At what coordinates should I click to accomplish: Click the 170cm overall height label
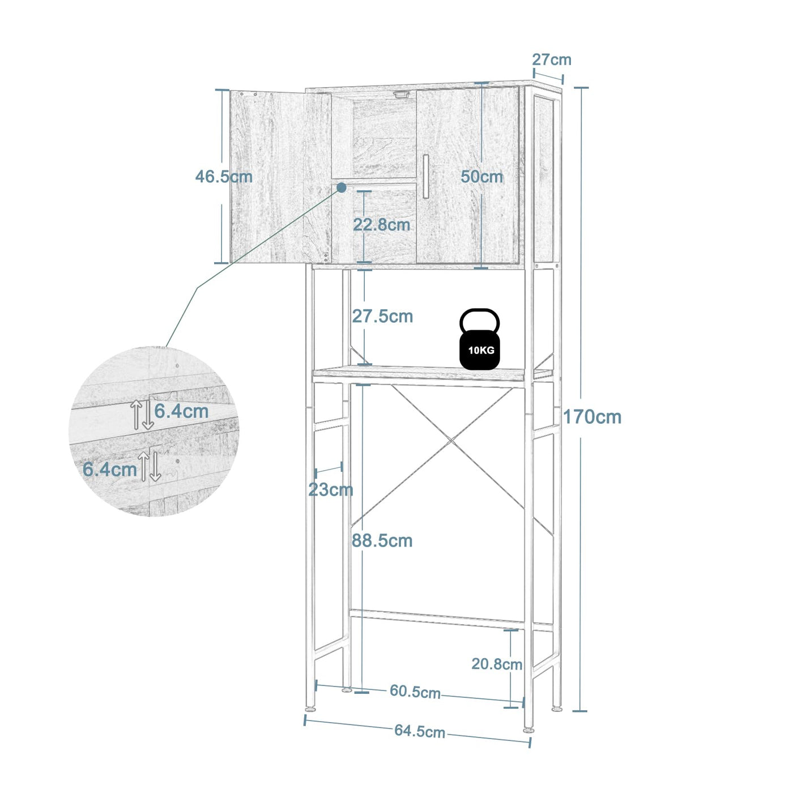pyautogui.click(x=592, y=417)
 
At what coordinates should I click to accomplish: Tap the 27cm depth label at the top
pyautogui.click(x=551, y=59)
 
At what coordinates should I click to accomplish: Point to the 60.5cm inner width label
pyautogui.click(x=415, y=692)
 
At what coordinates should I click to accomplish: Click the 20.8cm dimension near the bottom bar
pyautogui.click(x=497, y=664)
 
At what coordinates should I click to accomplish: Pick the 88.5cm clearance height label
pyautogui.click(x=382, y=540)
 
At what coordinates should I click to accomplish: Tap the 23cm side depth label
pyautogui.click(x=330, y=489)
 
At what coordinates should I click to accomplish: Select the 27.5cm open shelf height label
pyautogui.click(x=382, y=316)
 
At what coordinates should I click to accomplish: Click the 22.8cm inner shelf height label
pyautogui.click(x=381, y=225)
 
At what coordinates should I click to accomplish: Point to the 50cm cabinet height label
pyautogui.click(x=481, y=177)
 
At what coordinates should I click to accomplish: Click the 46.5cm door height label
pyautogui.click(x=224, y=177)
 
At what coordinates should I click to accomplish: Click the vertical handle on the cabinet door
pyautogui.click(x=425, y=176)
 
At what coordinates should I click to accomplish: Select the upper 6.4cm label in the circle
pyautogui.click(x=181, y=411)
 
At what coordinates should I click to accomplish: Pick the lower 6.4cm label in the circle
pyautogui.click(x=110, y=469)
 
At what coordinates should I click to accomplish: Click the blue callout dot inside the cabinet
pyautogui.click(x=342, y=187)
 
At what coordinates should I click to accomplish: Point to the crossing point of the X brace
pyautogui.click(x=451, y=440)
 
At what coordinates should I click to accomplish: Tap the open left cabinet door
pyautogui.click(x=272, y=176)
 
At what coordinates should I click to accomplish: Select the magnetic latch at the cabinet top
pyautogui.click(x=401, y=95)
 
